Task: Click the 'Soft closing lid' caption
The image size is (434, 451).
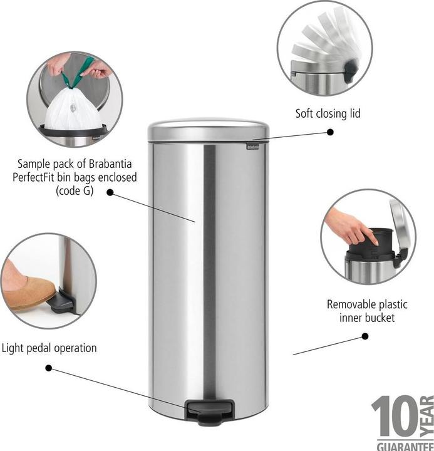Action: point(328,113)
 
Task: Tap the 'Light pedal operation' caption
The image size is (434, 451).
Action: point(49,348)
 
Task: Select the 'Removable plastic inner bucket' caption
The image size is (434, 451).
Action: point(367,311)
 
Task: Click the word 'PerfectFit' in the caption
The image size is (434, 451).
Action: point(39,177)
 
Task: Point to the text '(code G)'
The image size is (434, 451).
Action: point(75,190)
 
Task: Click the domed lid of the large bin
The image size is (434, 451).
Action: point(208,130)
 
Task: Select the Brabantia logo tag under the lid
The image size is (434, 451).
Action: point(252,147)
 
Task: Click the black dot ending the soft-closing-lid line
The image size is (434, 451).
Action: point(331,132)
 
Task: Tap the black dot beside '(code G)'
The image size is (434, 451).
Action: point(110,193)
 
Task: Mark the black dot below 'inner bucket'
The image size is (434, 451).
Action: point(365,336)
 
